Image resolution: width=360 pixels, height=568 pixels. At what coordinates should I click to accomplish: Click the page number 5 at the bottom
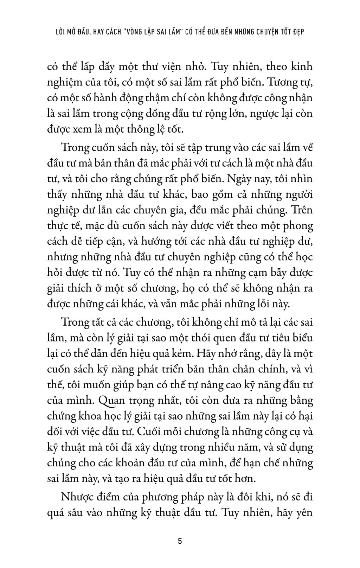coord(180,541)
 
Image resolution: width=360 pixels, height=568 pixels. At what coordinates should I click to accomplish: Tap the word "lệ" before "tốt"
coord(161,129)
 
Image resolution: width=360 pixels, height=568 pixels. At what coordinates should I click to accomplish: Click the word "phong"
coord(297,226)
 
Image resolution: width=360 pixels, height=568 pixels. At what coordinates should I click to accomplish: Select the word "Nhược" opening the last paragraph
coord(76,497)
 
